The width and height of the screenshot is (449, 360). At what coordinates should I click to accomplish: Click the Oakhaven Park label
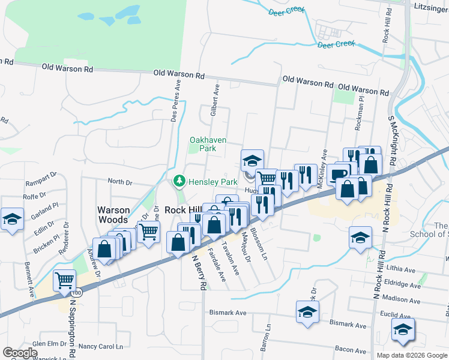tap(208, 144)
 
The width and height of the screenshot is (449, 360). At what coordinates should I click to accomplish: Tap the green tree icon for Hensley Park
tap(178, 181)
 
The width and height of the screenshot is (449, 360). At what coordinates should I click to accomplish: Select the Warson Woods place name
tap(114, 215)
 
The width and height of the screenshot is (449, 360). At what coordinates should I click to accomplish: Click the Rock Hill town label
tap(182, 211)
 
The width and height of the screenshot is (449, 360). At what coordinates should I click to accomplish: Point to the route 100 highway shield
tap(77, 293)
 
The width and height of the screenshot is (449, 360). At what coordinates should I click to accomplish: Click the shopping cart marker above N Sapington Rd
tap(64, 280)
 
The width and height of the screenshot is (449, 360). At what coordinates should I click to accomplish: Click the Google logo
tap(20, 353)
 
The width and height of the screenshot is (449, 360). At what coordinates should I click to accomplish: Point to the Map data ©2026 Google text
tap(411, 355)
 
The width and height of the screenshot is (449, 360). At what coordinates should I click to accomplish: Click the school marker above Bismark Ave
tap(307, 312)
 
